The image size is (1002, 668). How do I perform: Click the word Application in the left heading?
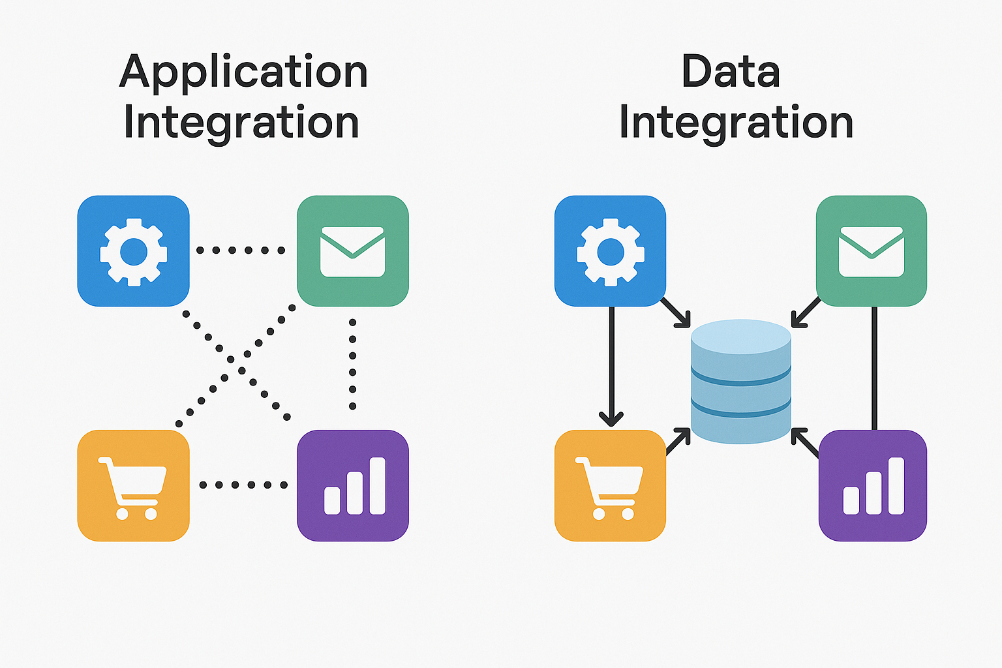[x=243, y=72]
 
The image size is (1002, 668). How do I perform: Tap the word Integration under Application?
[x=241, y=122]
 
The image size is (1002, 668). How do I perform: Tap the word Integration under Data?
[x=736, y=122]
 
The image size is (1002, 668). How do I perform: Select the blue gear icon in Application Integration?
[x=133, y=251]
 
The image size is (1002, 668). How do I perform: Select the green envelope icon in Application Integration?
[x=352, y=251]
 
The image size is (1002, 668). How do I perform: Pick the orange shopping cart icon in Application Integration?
[x=133, y=485]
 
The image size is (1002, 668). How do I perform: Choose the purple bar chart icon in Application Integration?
[x=352, y=485]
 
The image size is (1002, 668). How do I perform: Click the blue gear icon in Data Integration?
[x=610, y=251]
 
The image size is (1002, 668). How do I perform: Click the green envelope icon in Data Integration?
[x=872, y=251]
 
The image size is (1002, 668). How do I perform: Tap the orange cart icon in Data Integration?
[x=610, y=485]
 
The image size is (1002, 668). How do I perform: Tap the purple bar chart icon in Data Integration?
[x=873, y=485]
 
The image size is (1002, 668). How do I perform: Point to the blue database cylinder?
[x=740, y=382]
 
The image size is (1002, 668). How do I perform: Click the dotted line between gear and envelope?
[x=241, y=250]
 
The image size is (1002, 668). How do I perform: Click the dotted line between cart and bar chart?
[x=243, y=485]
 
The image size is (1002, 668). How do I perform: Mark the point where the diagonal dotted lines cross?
[x=236, y=364]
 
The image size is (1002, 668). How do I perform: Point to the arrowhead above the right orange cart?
[x=611, y=418]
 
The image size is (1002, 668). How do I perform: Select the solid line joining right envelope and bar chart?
[x=874, y=369]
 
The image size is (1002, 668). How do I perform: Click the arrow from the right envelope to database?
[x=806, y=312]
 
